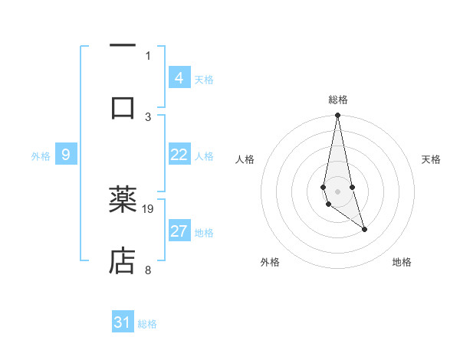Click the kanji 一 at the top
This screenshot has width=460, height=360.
point(123,45)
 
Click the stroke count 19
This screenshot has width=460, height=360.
point(149,208)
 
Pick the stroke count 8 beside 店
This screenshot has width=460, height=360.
point(148,269)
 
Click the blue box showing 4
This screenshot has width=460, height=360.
point(179,77)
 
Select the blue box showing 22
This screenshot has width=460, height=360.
point(179,155)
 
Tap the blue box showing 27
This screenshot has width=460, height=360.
point(179,231)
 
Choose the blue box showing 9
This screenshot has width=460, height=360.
point(66,155)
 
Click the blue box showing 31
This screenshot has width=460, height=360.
point(123,322)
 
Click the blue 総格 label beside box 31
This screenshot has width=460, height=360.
point(147,324)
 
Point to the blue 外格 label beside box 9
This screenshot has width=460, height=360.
point(41,156)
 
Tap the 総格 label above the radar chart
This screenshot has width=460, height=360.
point(337,100)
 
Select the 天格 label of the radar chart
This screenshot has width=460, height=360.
point(432,159)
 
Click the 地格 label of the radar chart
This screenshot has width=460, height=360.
point(402,262)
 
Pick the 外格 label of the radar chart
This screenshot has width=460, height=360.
point(270,262)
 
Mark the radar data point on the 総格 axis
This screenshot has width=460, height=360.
point(337,116)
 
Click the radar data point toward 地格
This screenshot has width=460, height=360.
point(364,229)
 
